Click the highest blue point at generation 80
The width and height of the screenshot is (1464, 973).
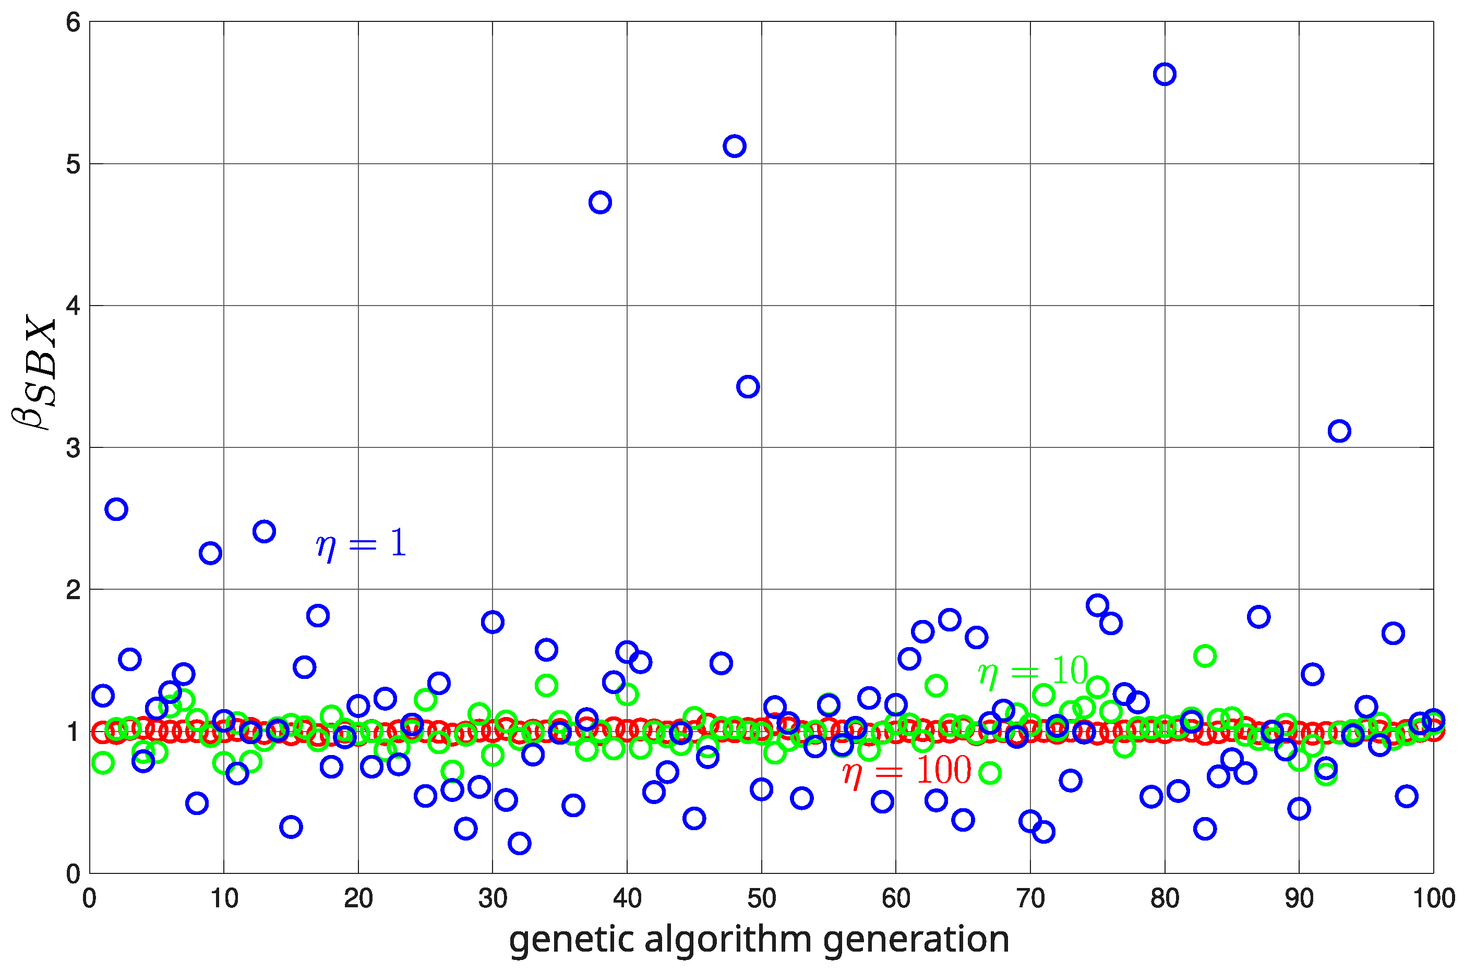(1164, 75)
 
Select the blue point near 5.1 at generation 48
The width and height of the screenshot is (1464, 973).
(735, 147)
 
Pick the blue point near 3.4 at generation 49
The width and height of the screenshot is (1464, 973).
(748, 386)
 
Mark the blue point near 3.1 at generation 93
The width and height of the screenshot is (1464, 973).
(1339, 431)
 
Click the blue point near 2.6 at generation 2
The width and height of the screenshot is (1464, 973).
(116, 509)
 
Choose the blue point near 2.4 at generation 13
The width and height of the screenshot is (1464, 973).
(264, 531)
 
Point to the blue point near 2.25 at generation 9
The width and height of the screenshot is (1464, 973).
(210, 553)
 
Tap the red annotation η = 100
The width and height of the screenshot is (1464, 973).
(906, 771)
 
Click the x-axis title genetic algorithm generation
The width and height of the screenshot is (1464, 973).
(759, 940)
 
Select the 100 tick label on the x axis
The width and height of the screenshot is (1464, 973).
(1434, 898)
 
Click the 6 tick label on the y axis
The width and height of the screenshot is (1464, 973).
(73, 23)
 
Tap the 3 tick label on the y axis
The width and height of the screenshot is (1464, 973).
(73, 448)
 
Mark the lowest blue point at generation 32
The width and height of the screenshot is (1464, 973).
(519, 843)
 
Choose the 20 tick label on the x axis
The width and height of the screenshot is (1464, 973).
(358, 898)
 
